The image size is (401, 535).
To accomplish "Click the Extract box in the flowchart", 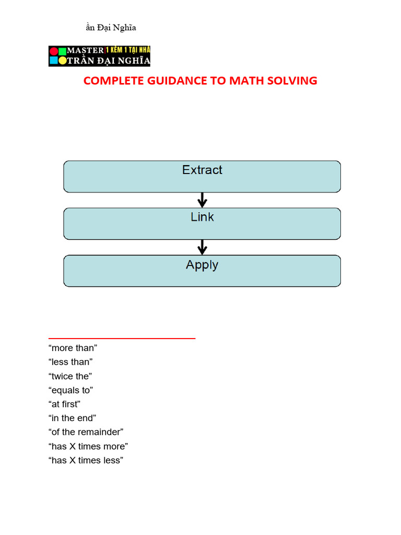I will [x=202, y=177].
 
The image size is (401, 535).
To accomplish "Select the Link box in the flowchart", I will [x=202, y=224].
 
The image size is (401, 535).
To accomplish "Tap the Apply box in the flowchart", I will [x=202, y=271].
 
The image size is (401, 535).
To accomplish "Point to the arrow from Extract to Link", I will [x=203, y=200].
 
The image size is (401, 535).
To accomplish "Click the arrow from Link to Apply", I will [x=203, y=247].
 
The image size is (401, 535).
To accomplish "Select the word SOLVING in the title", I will [x=293, y=81].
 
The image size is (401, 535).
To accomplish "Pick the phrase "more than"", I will [x=73, y=348].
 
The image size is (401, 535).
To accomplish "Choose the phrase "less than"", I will [x=70, y=362].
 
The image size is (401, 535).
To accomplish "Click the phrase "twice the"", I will [x=70, y=376].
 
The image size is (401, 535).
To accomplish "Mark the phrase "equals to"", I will [x=70, y=390].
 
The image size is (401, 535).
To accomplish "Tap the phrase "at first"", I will [x=64, y=404].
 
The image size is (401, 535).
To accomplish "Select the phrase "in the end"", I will [x=72, y=418].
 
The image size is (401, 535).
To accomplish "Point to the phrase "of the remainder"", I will [x=86, y=433].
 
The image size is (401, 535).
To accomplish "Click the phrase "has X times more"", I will [x=88, y=447].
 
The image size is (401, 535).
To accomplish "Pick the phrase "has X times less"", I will [x=86, y=461].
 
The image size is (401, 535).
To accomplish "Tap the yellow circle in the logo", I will [x=62, y=61].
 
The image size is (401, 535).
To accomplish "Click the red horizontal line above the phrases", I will [x=122, y=339].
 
